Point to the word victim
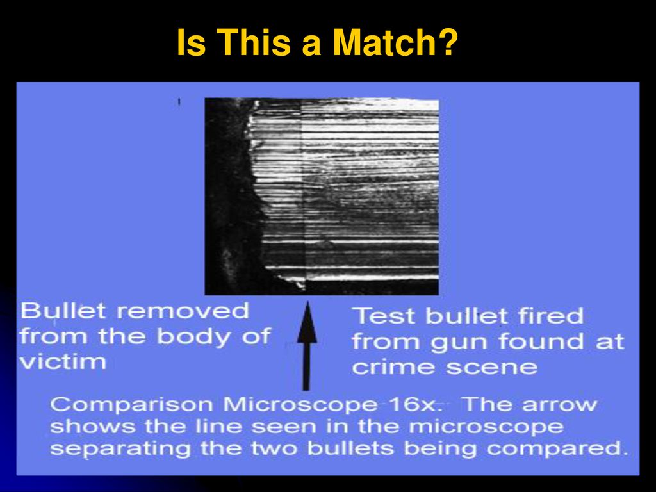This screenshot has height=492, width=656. pos(63,361)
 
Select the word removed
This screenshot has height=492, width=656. pos(183,312)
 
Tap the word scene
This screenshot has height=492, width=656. pos(491,368)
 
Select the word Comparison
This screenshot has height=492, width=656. pos(131,405)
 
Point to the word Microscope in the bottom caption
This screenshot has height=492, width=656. pos(300,405)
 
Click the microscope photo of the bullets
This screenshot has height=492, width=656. pos(322,197)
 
